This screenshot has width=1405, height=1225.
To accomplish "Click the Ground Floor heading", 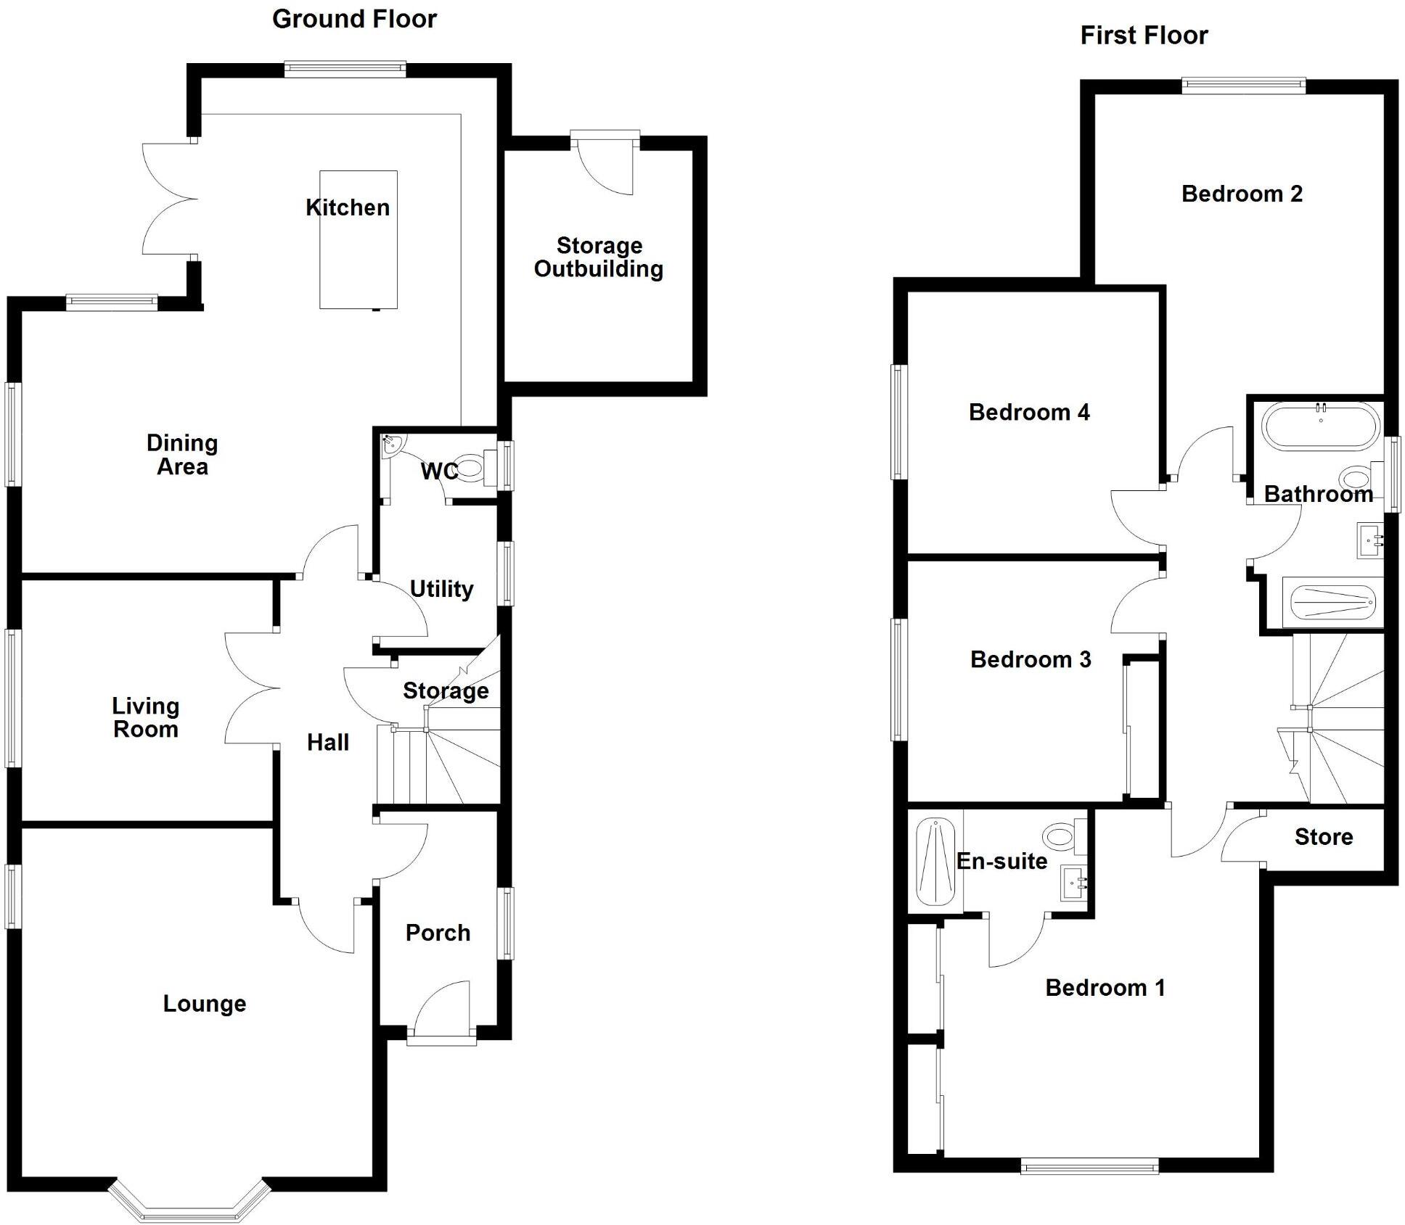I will click(x=354, y=20).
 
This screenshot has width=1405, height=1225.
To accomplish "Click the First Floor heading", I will click(x=1144, y=36).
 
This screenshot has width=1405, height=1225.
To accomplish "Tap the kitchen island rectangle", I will click(x=359, y=239).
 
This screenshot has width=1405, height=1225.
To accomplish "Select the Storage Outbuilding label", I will click(x=599, y=257).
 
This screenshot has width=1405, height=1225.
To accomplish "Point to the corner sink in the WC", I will click(x=393, y=445).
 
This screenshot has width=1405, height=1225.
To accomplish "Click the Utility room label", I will click(x=441, y=589).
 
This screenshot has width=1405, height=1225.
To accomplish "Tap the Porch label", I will click(x=438, y=933).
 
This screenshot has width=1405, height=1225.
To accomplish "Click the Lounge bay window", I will click(x=189, y=1208).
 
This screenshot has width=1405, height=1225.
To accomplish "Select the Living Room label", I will click(x=145, y=717).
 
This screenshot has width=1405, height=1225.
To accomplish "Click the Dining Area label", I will click(x=182, y=455).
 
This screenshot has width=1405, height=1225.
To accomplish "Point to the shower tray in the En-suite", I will click(x=935, y=862).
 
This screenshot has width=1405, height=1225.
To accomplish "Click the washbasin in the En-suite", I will click(x=1074, y=883).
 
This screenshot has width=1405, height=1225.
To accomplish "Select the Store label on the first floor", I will click(x=1323, y=837).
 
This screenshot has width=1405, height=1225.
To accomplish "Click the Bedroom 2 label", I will click(x=1242, y=194).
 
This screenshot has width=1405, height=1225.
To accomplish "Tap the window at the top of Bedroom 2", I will click(x=1243, y=86).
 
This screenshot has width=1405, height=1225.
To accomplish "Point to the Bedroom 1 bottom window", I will click(x=1089, y=1166).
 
